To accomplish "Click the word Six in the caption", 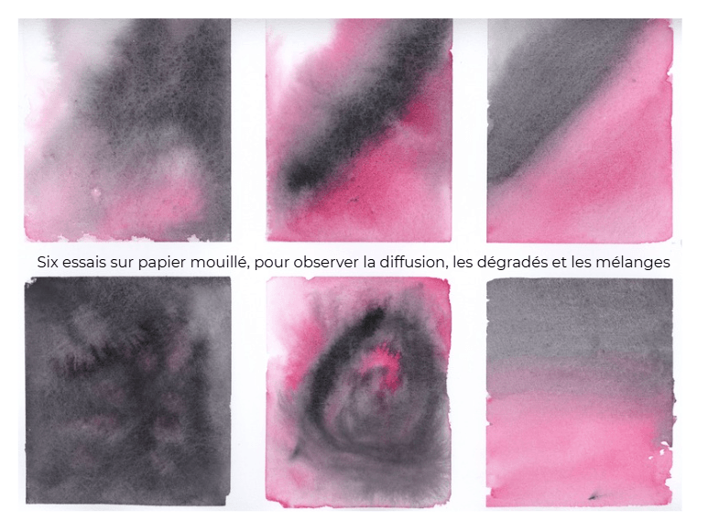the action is point(48,262).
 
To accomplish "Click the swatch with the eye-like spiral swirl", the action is point(358,392).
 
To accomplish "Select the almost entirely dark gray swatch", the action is point(128,391).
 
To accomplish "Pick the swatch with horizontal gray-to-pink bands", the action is point(581,392).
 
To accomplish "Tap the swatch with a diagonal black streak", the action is point(359,130).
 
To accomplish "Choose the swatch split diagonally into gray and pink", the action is point(580,130).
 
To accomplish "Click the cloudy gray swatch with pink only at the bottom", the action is point(127,130).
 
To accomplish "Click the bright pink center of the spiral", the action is point(383,362).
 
